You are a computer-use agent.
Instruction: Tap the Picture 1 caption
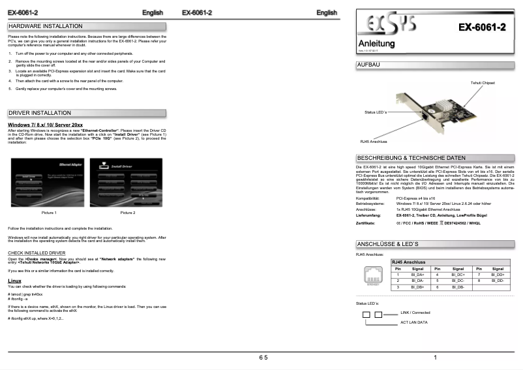49,213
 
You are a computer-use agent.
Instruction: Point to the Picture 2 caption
127,213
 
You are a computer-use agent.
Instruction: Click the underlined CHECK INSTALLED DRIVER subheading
37,252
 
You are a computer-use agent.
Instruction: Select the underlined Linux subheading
14,281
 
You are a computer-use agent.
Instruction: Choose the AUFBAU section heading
369,65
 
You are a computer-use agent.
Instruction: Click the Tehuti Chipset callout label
483,83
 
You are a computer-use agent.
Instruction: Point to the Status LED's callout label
376,113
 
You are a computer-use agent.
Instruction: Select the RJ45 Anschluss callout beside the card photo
374,141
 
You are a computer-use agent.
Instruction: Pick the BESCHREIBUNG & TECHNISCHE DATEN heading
411,158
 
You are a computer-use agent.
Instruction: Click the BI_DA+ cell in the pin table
417,274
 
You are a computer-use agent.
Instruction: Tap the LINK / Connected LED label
415,313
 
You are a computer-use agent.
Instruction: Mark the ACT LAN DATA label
413,322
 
